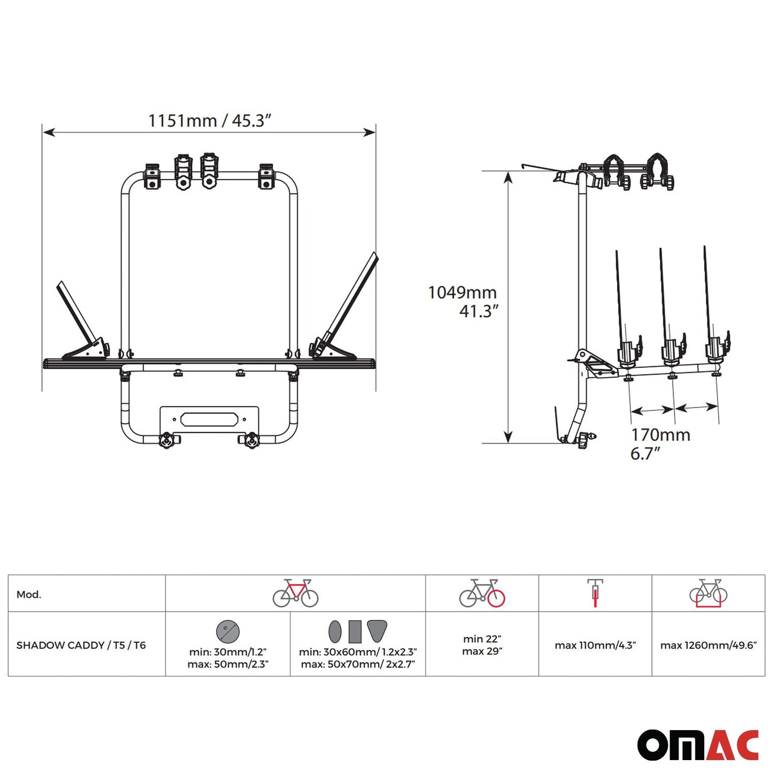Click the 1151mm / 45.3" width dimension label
(x=210, y=120)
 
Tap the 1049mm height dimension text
(x=462, y=292)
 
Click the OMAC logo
(x=698, y=745)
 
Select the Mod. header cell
(x=29, y=595)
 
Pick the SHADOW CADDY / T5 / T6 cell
(x=81, y=645)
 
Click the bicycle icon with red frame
(x=295, y=593)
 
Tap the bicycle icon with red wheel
(x=482, y=593)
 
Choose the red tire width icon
(x=595, y=593)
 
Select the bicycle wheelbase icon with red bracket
(x=709, y=593)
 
